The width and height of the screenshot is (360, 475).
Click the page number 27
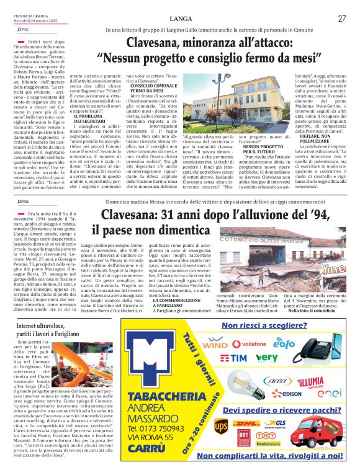click(x=342, y=19)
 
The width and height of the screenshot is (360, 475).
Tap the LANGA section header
click(x=180, y=19)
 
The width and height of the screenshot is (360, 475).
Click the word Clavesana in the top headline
click(x=155, y=44)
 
